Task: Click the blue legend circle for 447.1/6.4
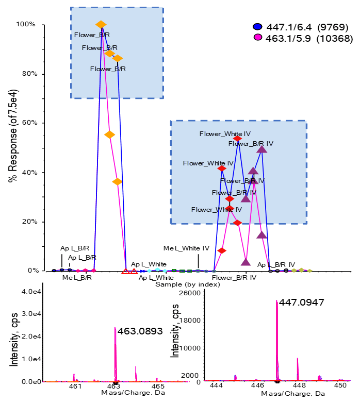[x=258, y=27]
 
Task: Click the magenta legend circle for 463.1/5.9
[x=258, y=38]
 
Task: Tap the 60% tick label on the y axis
[x=26, y=123]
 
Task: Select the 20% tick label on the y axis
[x=26, y=222]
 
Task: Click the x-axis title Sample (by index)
[x=176, y=283]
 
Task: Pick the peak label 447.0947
[x=301, y=302]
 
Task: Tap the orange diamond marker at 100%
[x=101, y=25]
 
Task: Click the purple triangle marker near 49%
[x=261, y=149]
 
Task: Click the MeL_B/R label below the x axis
[x=77, y=278]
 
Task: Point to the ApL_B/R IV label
[x=276, y=265]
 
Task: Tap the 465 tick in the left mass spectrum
[x=158, y=386]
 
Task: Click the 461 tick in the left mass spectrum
[x=75, y=386]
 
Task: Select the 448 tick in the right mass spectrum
[x=299, y=386]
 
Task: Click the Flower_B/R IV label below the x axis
[x=234, y=278]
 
